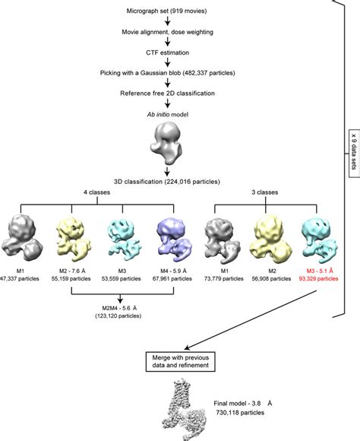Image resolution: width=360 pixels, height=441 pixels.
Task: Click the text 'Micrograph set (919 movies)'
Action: pos(166,13)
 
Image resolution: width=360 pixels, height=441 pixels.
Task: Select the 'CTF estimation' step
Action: pos(166,52)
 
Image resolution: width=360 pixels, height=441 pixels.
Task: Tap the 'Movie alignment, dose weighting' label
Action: pos(166,33)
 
